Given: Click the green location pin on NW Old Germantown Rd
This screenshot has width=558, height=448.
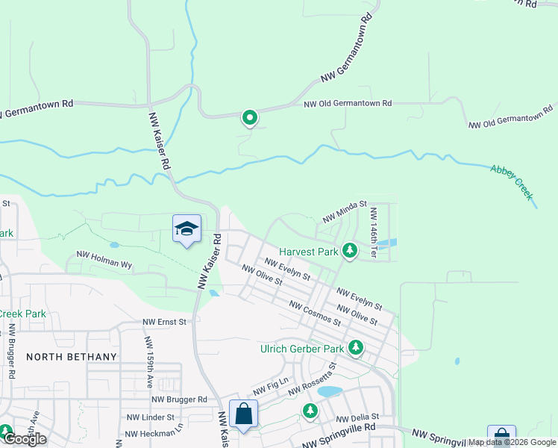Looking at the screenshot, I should (249, 118).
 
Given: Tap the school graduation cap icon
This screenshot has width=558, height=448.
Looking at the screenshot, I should (186, 229).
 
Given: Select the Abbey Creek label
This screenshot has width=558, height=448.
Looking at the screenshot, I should (512, 181).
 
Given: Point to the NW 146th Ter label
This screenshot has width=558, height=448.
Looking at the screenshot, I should (373, 233).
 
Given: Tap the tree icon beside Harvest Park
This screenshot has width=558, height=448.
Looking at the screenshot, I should (348, 251).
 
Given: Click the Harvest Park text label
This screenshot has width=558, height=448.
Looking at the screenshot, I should (309, 252).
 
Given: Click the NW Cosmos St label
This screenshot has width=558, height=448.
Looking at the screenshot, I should (315, 314).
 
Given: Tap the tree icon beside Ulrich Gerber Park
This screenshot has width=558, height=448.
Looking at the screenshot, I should (356, 348).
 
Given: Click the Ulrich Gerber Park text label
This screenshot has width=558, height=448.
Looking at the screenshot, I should (302, 349).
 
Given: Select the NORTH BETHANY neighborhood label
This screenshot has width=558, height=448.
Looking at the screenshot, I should (72, 357).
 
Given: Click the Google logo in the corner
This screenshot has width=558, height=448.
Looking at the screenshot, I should (25, 439).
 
